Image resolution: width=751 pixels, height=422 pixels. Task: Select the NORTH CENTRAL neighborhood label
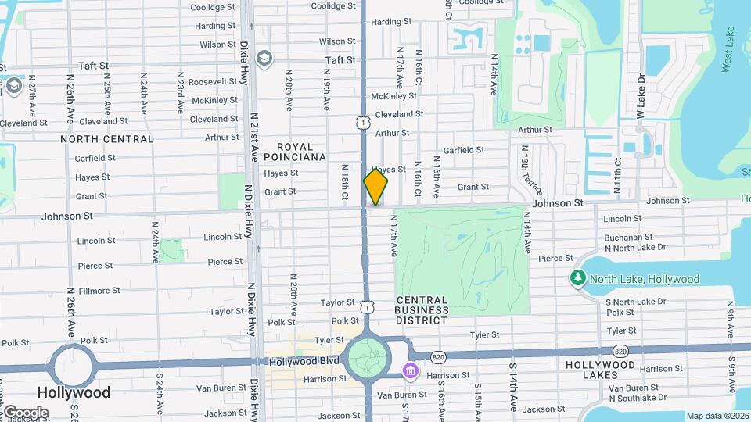pos(107,139)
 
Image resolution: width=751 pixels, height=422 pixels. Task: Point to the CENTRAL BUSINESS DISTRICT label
pos(422,310)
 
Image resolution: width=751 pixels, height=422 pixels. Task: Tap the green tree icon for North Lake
pos(578,278)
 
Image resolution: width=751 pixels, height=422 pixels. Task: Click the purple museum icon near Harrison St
pos(410,370)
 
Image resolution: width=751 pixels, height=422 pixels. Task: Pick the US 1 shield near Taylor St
pos(367,308)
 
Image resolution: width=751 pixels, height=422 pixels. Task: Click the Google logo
pos(26,412)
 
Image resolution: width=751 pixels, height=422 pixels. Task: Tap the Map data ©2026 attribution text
pos(717,416)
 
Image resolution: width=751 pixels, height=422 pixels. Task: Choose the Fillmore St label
pos(100,291)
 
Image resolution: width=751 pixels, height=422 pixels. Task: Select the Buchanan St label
pos(628,237)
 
